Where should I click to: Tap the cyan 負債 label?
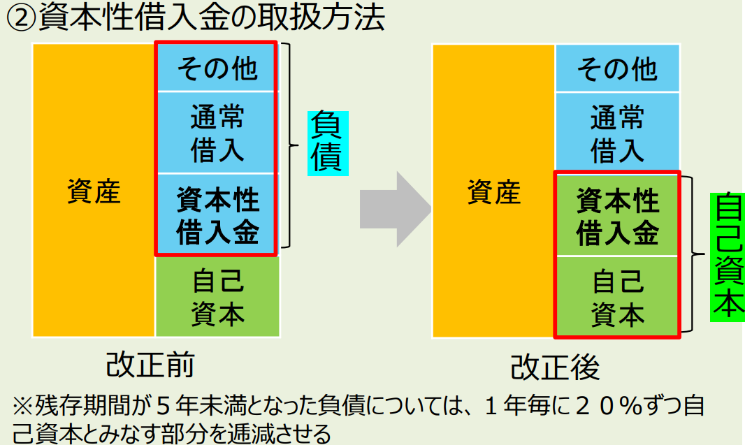(x=327, y=142)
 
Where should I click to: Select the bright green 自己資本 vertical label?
(x=726, y=257)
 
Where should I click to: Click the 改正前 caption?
(x=150, y=364)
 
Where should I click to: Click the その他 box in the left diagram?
(x=217, y=68)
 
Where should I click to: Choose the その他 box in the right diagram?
(x=617, y=68)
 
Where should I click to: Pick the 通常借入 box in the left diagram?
(x=217, y=133)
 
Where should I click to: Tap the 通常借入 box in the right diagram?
(x=617, y=133)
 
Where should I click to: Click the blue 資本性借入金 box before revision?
(x=217, y=215)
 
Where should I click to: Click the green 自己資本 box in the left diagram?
(x=217, y=298)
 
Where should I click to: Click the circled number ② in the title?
(x=21, y=17)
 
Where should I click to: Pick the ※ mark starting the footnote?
(x=22, y=407)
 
